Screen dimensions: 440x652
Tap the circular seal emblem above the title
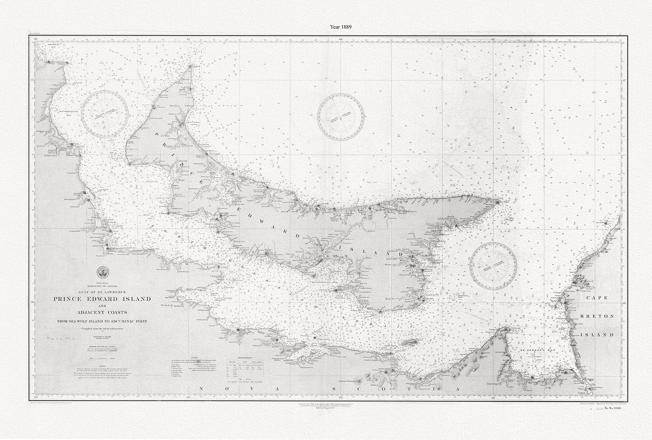click(101, 273)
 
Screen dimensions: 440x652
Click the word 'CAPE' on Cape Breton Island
click(598, 297)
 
